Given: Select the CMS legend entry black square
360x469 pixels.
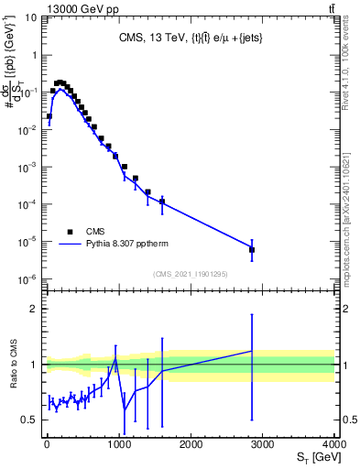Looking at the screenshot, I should [x=69, y=232].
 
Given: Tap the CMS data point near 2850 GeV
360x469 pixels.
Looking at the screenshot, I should [x=252, y=249].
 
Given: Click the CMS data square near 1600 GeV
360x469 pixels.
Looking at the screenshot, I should [x=162, y=202].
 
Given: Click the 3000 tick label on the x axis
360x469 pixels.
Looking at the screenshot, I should [x=262, y=444].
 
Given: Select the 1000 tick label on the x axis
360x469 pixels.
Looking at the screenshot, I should [x=118, y=444].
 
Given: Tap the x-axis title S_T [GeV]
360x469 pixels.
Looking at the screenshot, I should [x=312, y=457].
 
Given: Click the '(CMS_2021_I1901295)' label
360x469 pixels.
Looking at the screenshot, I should [x=190, y=273].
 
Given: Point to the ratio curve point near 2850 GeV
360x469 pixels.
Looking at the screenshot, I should [x=252, y=351].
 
